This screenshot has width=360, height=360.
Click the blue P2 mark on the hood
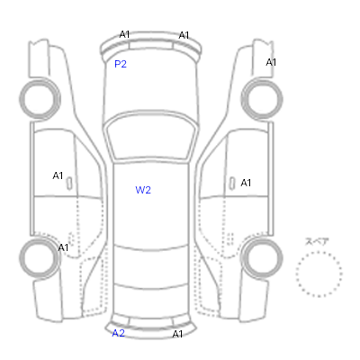[121, 64]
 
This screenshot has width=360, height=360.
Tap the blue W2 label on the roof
[143, 190]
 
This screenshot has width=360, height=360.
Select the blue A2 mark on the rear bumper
[118, 333]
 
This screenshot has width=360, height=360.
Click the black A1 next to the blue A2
[177, 334]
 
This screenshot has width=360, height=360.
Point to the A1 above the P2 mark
[124, 34]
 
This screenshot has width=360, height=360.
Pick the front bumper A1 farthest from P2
[184, 35]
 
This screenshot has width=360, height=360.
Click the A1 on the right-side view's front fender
[271, 62]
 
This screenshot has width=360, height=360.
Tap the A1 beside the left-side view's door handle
[58, 175]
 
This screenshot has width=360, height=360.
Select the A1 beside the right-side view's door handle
[246, 183]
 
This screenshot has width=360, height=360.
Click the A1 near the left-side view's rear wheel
[63, 247]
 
